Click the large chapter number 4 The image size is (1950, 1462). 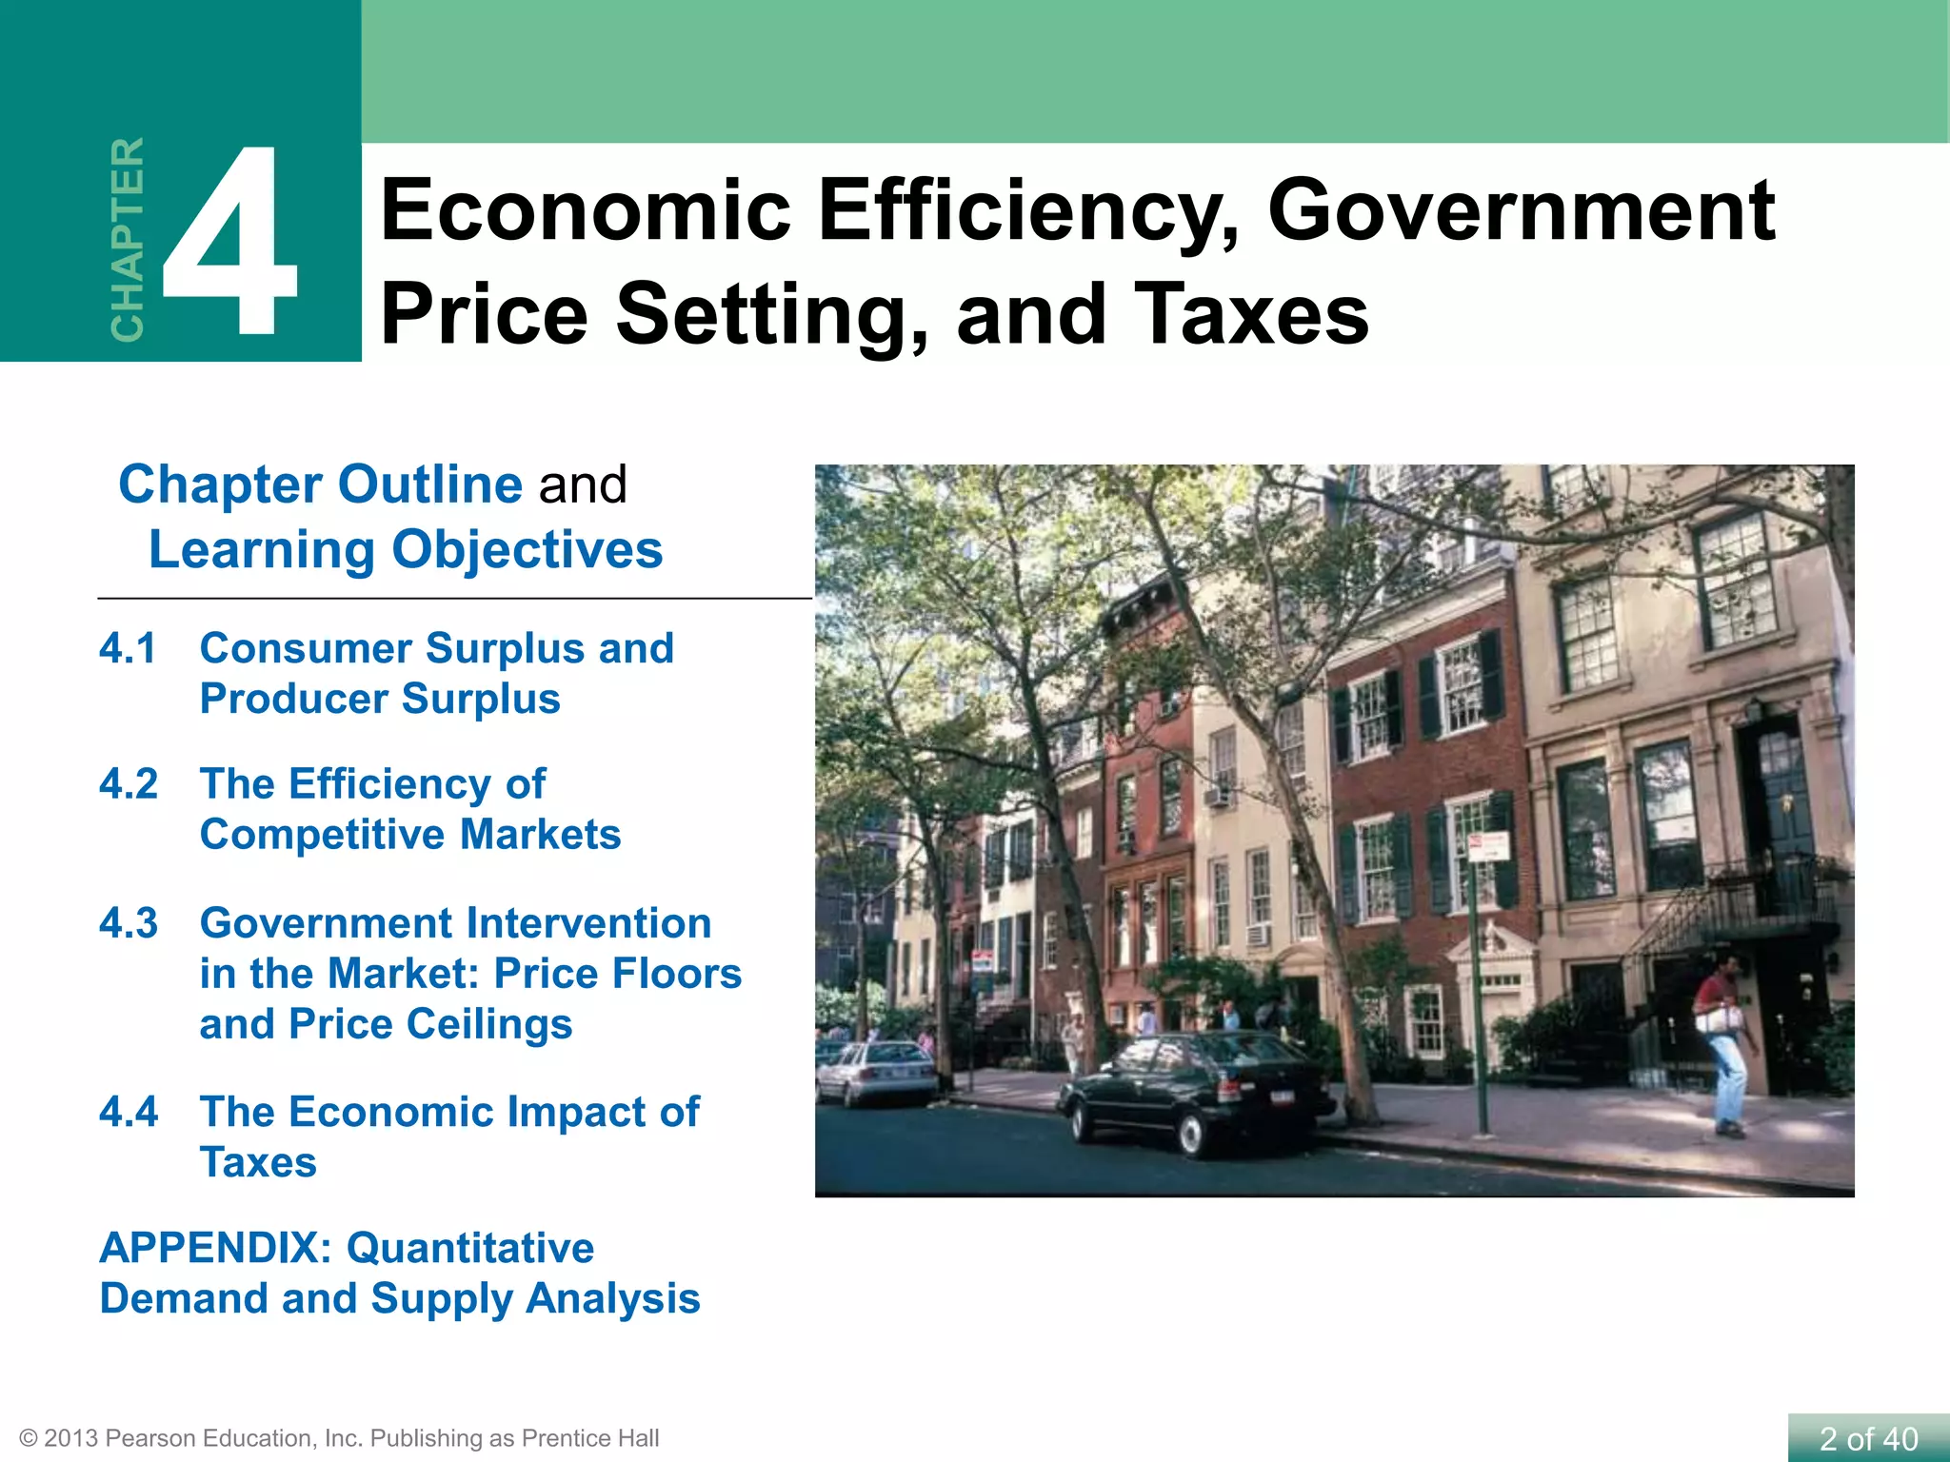pos(231,243)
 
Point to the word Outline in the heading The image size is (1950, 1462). pos(430,484)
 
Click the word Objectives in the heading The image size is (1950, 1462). pos(527,550)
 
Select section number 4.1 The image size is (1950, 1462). pos(128,649)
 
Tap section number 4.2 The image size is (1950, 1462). pos(128,784)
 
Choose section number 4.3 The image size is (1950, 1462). pos(128,923)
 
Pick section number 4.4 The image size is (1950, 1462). pos(128,1112)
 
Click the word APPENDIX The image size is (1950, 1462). pos(213,1248)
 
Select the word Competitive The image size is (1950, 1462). pos(322,835)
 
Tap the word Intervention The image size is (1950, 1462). pos(588,923)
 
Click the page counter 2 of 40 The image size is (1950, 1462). pos(1868,1438)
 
